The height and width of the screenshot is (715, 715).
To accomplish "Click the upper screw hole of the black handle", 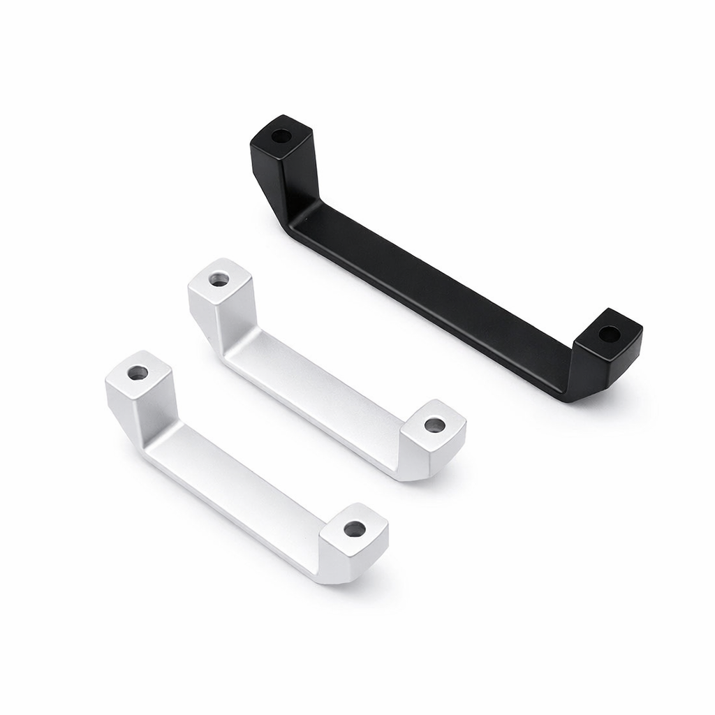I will tap(281, 136).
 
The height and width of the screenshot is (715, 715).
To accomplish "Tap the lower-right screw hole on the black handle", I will tap(609, 334).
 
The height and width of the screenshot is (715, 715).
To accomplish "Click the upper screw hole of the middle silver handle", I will tap(219, 279).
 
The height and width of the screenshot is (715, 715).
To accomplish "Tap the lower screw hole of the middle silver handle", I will tap(434, 424).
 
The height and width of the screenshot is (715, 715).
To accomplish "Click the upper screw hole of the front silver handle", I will tap(138, 373).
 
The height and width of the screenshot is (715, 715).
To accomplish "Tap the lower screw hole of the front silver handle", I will tap(354, 529).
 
